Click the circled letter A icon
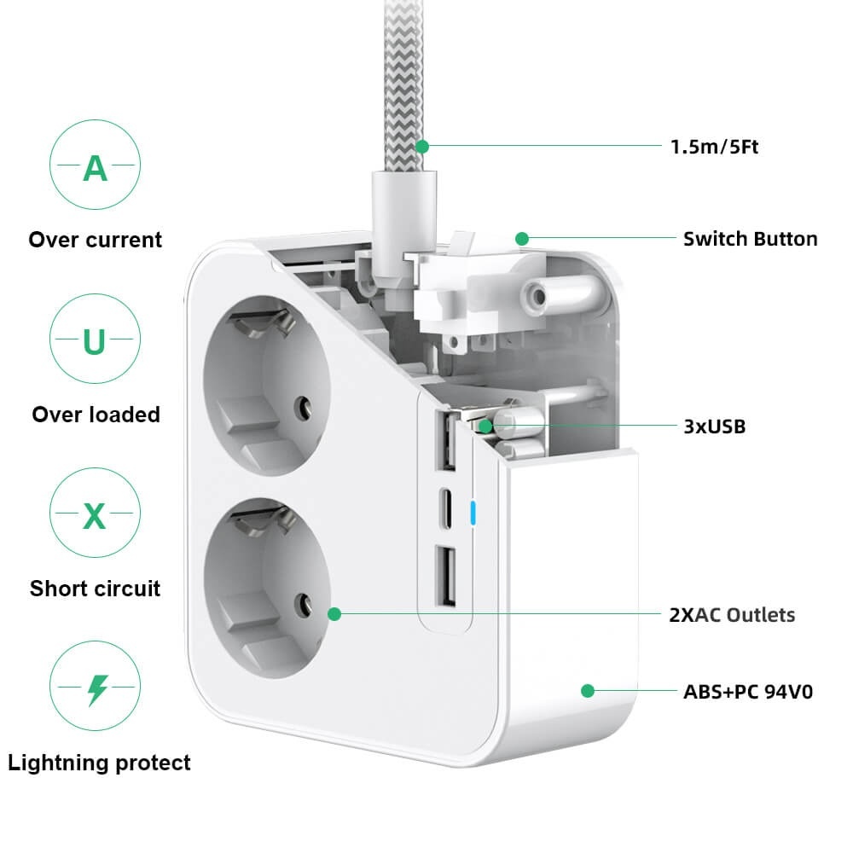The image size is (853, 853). point(94,167)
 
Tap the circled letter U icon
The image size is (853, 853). point(94,341)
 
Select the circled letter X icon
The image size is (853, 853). point(94,515)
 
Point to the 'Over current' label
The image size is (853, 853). point(95,240)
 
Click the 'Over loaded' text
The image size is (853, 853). point(96,415)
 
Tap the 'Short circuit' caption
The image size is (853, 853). point(95,589)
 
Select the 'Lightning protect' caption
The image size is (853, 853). point(99,763)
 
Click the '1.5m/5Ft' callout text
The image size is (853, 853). point(714,147)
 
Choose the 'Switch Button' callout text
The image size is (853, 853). point(750,239)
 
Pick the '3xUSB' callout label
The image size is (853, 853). point(715,426)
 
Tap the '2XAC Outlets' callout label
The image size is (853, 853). point(732,614)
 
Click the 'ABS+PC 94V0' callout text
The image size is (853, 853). point(747,691)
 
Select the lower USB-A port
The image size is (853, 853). point(445,576)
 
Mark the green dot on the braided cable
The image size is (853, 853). point(421,147)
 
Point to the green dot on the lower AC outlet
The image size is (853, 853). point(334,613)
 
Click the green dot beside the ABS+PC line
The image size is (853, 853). point(587,690)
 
